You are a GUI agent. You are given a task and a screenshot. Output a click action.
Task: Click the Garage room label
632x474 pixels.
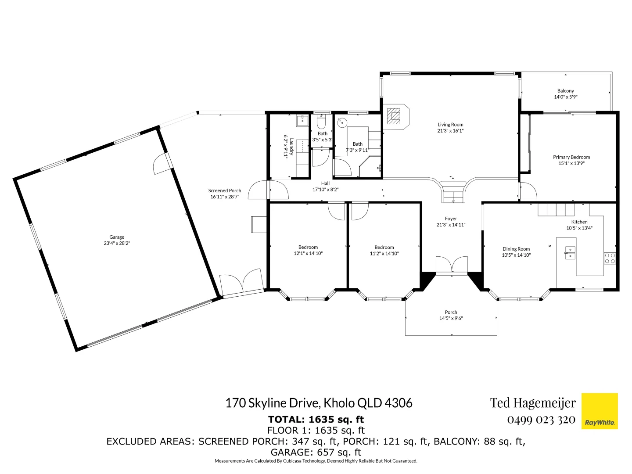coord(117,237)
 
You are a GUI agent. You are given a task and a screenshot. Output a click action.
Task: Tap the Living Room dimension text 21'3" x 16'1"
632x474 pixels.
coord(450,131)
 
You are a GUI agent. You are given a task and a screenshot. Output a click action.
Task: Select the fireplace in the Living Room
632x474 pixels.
coord(396,117)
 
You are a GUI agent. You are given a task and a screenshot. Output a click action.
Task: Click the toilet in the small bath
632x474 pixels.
coord(321,122)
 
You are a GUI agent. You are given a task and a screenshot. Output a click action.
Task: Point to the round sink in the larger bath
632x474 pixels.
coord(342,122)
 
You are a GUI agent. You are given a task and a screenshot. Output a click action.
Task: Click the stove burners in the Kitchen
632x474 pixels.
coord(610,258)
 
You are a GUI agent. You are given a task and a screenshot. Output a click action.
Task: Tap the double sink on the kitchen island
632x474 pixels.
coord(570,253)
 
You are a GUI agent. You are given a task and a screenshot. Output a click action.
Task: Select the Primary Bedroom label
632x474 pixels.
coord(571,157)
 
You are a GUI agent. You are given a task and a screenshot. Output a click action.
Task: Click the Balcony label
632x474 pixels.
coord(565,91)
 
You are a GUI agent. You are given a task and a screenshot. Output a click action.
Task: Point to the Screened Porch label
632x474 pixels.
coord(225,190)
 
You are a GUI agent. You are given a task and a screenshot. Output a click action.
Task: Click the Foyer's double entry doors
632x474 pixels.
coord(452,264)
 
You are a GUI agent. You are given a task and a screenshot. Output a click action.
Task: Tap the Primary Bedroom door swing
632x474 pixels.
coord(528,190)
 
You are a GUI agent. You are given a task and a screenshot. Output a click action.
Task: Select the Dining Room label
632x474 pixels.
coord(516,249)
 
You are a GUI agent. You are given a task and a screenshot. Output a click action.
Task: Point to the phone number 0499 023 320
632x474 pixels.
coord(541,420)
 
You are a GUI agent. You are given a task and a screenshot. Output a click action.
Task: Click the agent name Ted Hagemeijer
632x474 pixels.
coord(533,403)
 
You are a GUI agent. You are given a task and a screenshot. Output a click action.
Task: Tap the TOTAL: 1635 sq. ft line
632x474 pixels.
coord(316,419)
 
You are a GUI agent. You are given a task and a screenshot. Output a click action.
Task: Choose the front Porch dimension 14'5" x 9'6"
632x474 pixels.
coord(451,318)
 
